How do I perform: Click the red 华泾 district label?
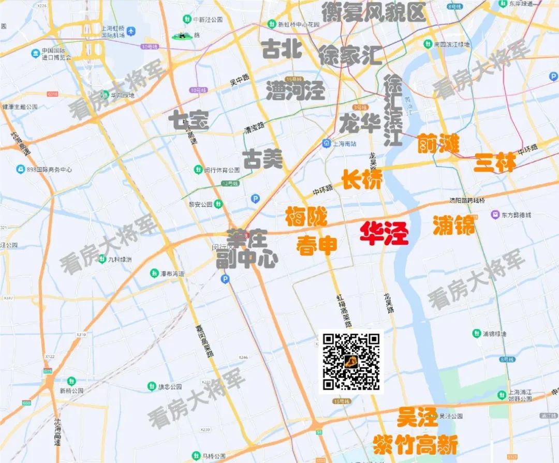(x=384, y=234)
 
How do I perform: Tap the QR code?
(x=351, y=362)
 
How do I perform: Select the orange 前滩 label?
(x=438, y=144)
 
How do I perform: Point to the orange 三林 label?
(x=495, y=162)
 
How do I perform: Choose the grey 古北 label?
(x=282, y=50)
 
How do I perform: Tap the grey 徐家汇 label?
(x=350, y=55)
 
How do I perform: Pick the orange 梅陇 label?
(x=306, y=217)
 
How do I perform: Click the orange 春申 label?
(x=316, y=245)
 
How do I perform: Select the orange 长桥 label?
(x=362, y=180)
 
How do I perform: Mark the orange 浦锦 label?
(x=453, y=225)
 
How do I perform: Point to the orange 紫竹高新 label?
(x=415, y=445)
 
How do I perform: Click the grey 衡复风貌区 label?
(x=373, y=12)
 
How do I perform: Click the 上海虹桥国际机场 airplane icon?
(x=131, y=32)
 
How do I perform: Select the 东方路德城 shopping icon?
(x=495, y=214)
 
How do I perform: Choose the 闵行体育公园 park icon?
(x=198, y=170)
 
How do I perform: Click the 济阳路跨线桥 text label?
(x=467, y=201)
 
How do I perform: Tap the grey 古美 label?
(x=263, y=159)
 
